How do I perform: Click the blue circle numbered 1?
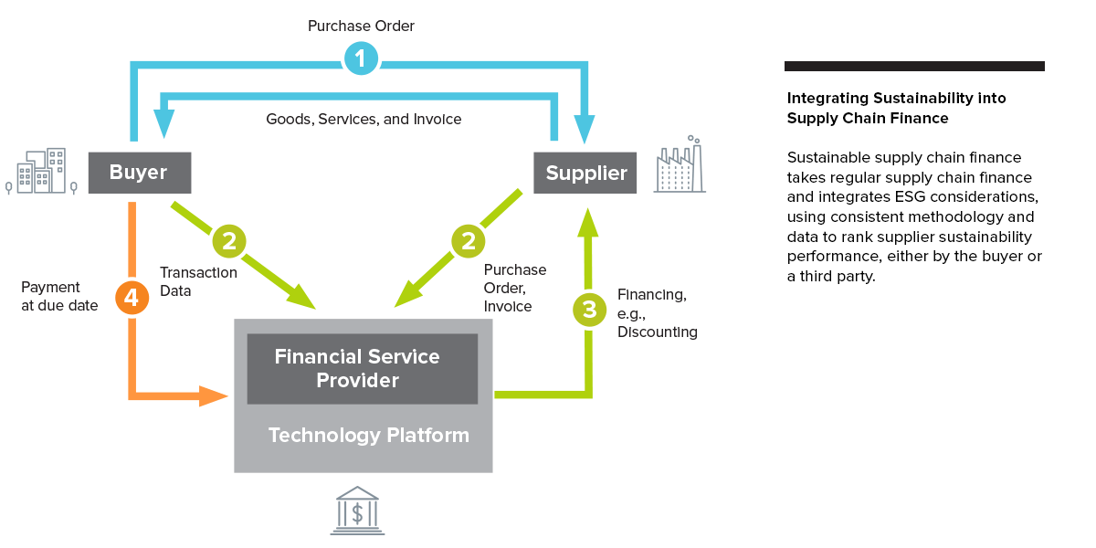(361, 59)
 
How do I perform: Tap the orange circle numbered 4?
(132, 298)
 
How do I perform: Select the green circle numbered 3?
(589, 310)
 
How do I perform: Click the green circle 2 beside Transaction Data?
(229, 241)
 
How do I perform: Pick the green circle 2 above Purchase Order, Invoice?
(469, 241)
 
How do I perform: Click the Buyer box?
(139, 173)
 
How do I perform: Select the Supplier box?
(585, 173)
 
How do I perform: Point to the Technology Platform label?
(368, 436)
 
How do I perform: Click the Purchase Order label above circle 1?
(361, 26)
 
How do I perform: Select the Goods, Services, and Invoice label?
(364, 120)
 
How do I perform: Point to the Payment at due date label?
(59, 297)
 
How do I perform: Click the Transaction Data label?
(198, 281)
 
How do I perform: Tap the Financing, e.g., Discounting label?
(657, 313)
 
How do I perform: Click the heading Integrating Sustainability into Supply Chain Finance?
(896, 108)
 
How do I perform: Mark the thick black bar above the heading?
(914, 66)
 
